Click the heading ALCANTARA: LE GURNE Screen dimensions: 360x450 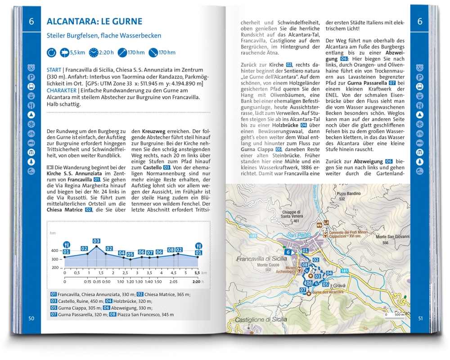click(94, 21)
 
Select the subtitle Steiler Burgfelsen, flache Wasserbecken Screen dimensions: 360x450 click(104, 36)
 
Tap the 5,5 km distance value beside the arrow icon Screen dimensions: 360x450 click(77, 53)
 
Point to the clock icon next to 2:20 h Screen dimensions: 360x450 click(93, 53)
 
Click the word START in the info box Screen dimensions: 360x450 click(54, 70)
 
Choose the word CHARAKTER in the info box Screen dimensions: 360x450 click(62, 90)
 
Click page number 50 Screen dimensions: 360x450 click(31, 318)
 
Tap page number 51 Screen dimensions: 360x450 click(420, 318)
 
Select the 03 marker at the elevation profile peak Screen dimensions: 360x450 click(96, 241)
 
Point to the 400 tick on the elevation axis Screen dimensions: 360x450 click(55, 251)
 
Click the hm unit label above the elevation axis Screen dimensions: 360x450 click(53, 233)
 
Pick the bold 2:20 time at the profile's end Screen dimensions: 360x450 click(196, 282)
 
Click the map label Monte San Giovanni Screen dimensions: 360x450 click(393, 237)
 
